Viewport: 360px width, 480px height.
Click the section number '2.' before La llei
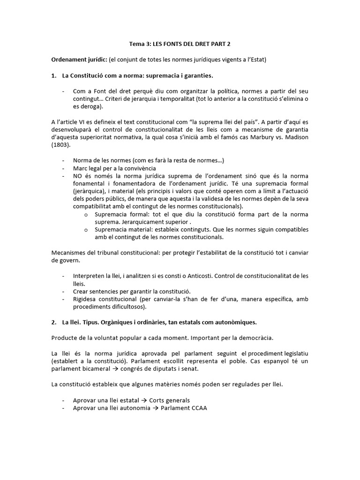point(54,322)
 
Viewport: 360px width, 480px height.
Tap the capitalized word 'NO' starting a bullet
point(78,176)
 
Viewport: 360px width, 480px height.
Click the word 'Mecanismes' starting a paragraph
point(68,253)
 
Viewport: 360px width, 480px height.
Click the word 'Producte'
point(64,338)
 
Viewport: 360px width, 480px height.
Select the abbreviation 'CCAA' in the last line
point(197,407)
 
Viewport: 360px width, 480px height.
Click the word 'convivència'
point(138,168)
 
